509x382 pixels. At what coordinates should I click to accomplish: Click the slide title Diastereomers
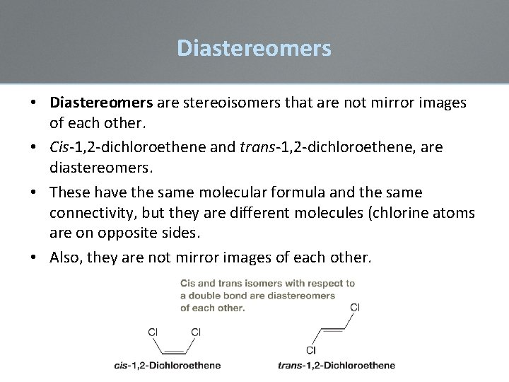point(254,48)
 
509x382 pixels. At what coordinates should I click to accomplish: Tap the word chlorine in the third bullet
point(389,213)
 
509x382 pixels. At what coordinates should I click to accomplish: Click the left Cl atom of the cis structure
point(153,331)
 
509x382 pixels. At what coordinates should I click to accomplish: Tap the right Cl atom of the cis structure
point(196,331)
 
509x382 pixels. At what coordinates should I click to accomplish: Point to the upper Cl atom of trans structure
point(355,307)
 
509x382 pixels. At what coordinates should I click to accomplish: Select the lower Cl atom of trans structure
point(311,349)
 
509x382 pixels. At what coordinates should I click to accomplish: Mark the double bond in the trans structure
point(333,329)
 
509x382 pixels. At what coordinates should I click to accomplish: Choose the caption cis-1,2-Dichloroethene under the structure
point(167,366)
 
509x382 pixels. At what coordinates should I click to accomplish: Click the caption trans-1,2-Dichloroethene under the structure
point(337,366)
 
